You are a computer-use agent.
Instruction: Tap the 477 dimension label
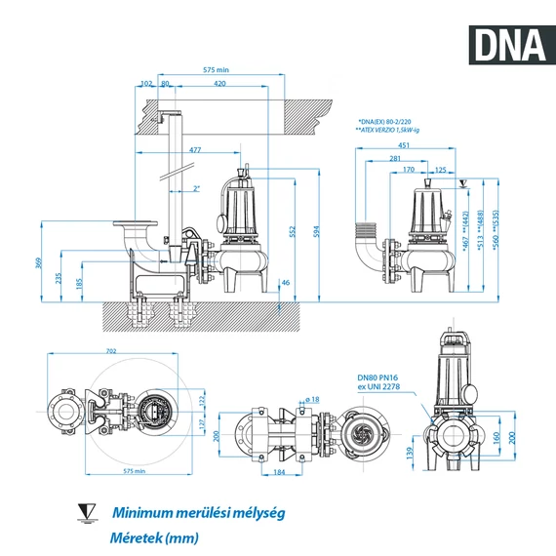coord(195,149)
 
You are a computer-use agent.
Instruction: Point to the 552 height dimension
coord(292,230)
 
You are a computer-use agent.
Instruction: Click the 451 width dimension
coord(403,145)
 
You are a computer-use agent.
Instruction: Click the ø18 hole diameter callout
coord(310,399)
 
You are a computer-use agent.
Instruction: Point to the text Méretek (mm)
coord(153,537)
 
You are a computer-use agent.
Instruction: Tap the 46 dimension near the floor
coord(285,284)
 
